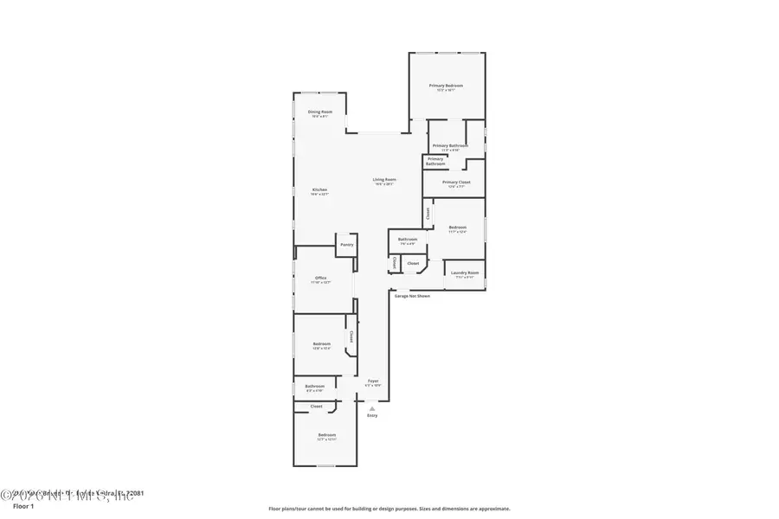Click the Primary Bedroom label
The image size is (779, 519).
tap(447, 86)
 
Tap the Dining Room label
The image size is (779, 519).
tap(319, 112)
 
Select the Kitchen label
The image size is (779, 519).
tap(319, 191)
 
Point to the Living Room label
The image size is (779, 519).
tap(383, 181)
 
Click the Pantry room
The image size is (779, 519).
tap(346, 245)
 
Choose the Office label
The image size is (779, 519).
tap(320, 279)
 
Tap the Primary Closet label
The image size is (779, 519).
tap(456, 183)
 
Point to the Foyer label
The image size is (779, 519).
tap(373, 381)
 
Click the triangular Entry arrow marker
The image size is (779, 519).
tap(372, 408)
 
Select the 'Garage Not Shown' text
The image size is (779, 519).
tap(412, 296)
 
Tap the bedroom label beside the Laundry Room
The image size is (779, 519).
tap(458, 228)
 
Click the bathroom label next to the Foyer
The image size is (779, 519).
tap(314, 387)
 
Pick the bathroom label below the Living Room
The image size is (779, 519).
tap(408, 240)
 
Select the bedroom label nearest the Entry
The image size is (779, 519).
tap(326, 435)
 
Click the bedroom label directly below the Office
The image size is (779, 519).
tap(322, 344)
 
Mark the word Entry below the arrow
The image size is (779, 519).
tap(372, 416)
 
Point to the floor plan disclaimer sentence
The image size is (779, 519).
tap(389, 509)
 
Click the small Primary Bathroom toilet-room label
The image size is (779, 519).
tap(435, 161)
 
